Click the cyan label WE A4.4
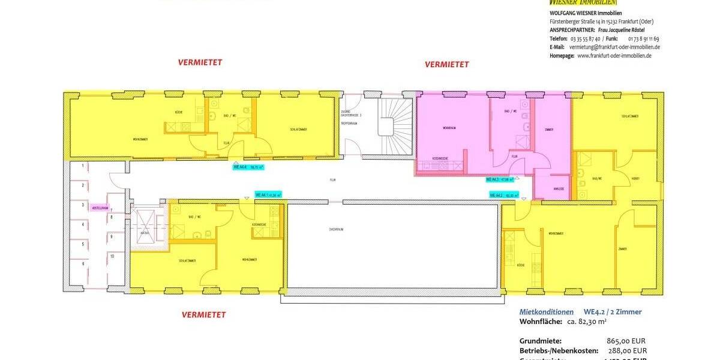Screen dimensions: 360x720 [247, 167]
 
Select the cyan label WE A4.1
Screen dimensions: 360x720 [268, 195]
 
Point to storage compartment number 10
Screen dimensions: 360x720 [112, 256]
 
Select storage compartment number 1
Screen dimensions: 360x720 [83, 165]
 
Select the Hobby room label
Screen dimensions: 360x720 [635, 178]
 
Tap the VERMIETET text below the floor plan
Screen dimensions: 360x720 [204, 314]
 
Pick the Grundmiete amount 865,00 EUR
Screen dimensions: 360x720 [626, 340]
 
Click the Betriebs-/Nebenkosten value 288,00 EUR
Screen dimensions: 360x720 [626, 350]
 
